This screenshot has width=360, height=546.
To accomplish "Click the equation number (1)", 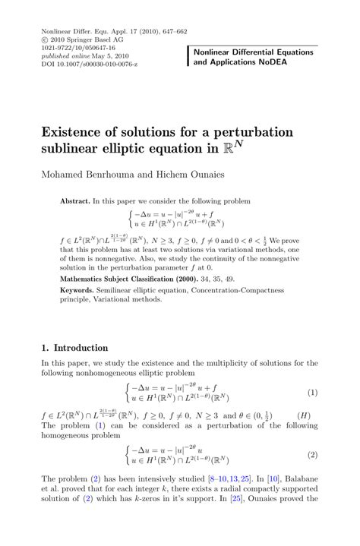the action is point(311,393).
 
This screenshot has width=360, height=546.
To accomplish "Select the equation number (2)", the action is point(311,456).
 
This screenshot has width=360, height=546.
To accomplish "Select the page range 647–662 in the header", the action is point(171,12).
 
